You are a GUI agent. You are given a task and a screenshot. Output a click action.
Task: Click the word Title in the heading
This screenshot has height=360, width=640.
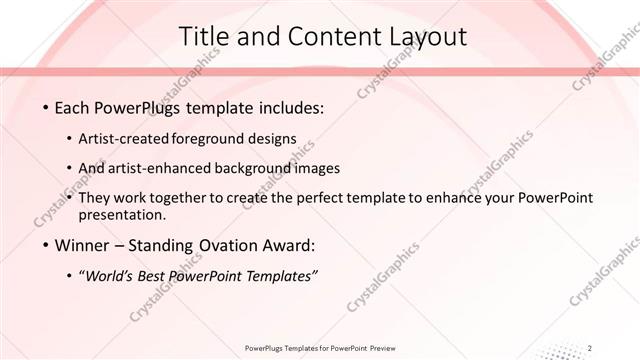click(203, 37)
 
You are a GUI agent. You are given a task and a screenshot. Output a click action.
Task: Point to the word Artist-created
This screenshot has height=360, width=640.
click(129, 138)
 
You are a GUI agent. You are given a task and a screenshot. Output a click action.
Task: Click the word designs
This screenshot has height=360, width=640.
click(275, 138)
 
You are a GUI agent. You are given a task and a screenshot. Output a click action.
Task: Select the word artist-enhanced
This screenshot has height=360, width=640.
click(169, 168)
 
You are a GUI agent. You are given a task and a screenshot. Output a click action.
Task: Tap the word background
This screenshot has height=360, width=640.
click(260, 168)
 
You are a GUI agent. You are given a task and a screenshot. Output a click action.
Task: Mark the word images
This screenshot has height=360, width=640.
click(319, 168)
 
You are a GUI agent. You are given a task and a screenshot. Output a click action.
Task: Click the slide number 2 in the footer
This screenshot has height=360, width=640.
click(591, 347)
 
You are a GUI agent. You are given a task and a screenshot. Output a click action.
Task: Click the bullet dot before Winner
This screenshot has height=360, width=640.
click(46, 246)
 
